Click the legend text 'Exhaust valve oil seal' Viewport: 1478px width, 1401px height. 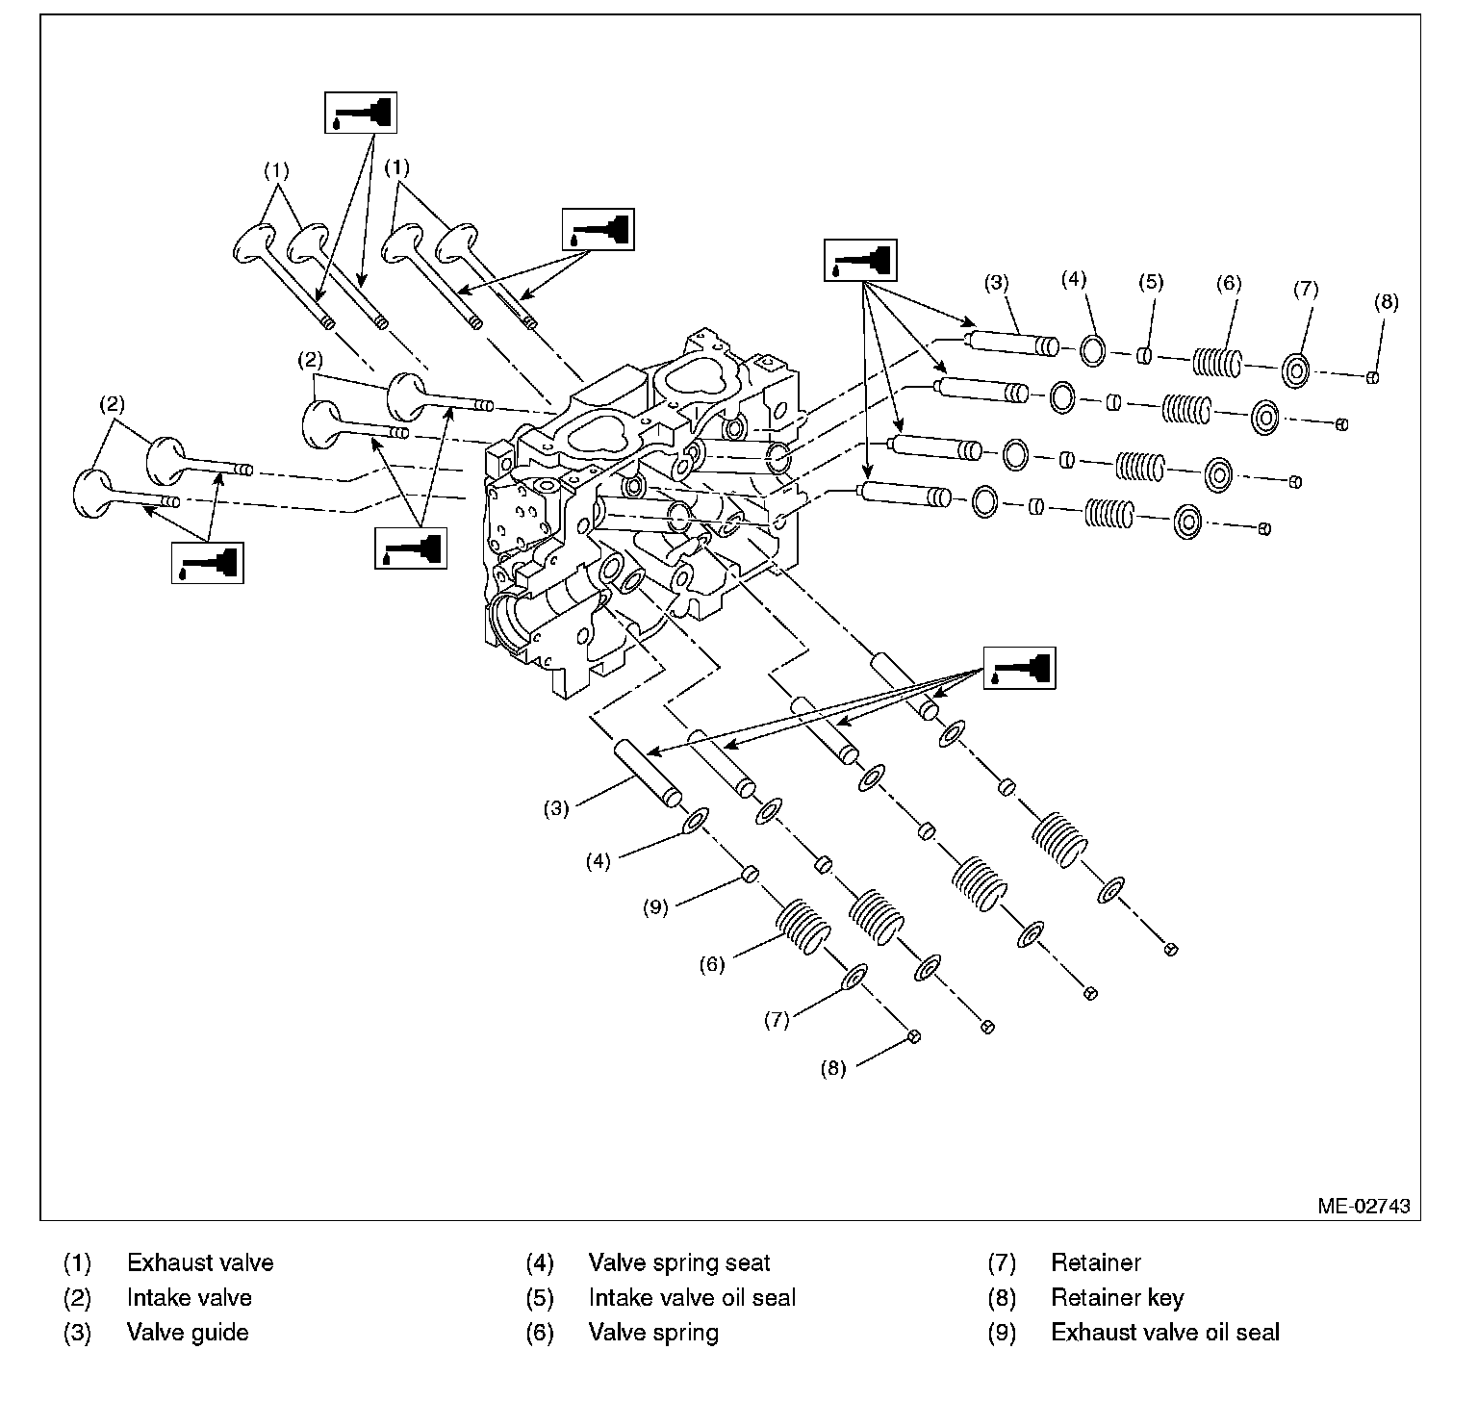[x=1164, y=1333]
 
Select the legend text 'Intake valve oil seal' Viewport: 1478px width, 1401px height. [x=692, y=1298]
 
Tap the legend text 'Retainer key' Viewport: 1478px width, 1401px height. [x=1116, y=1298]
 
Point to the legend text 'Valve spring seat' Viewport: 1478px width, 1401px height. [x=679, y=1262]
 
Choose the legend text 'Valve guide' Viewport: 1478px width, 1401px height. [x=188, y=1333]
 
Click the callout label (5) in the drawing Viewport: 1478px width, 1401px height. [x=1150, y=282]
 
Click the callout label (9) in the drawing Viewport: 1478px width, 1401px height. [x=655, y=907]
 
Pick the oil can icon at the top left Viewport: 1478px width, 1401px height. [x=360, y=113]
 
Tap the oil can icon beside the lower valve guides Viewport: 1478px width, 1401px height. [x=1019, y=667]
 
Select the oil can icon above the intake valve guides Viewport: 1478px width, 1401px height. [x=860, y=260]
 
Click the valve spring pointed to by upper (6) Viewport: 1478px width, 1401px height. [x=1217, y=362]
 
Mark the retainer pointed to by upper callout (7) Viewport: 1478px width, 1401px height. [x=1295, y=369]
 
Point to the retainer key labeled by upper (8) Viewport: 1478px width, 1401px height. [x=1374, y=376]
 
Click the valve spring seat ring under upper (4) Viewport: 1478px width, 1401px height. [x=1092, y=350]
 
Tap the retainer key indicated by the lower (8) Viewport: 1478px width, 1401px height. [x=914, y=1035]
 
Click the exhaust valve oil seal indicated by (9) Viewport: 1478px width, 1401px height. [x=750, y=874]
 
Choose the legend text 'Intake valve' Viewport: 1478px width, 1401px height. [x=189, y=1298]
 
